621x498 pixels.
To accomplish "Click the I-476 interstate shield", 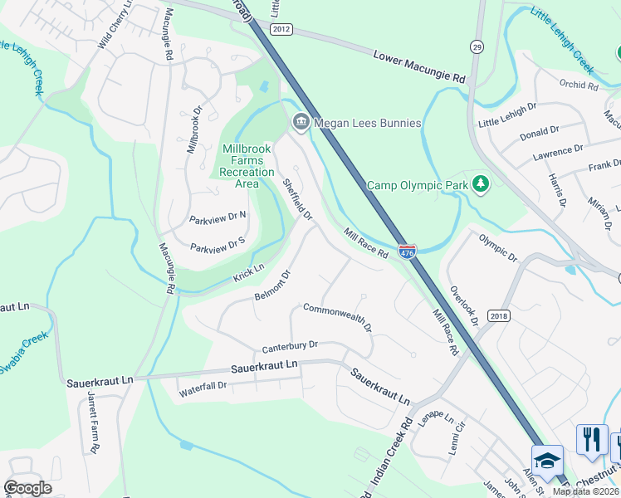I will (x=407, y=250).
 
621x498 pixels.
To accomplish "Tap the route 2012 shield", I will (x=281, y=29).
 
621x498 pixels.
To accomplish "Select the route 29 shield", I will (x=477, y=46).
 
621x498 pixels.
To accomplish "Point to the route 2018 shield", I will (x=499, y=315).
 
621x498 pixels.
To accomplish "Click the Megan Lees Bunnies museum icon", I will (x=300, y=123).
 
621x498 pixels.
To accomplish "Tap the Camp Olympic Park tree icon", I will (x=481, y=183).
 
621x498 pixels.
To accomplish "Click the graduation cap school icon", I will (x=547, y=460).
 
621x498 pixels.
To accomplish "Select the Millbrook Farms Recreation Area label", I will (x=247, y=166).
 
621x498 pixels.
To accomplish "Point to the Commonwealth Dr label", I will (x=337, y=317).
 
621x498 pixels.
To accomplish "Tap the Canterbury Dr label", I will (x=290, y=346).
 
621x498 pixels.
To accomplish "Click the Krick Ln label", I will (x=248, y=271).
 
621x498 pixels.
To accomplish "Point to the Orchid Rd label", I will (x=579, y=85).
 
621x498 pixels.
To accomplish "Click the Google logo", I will (x=28, y=488).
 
